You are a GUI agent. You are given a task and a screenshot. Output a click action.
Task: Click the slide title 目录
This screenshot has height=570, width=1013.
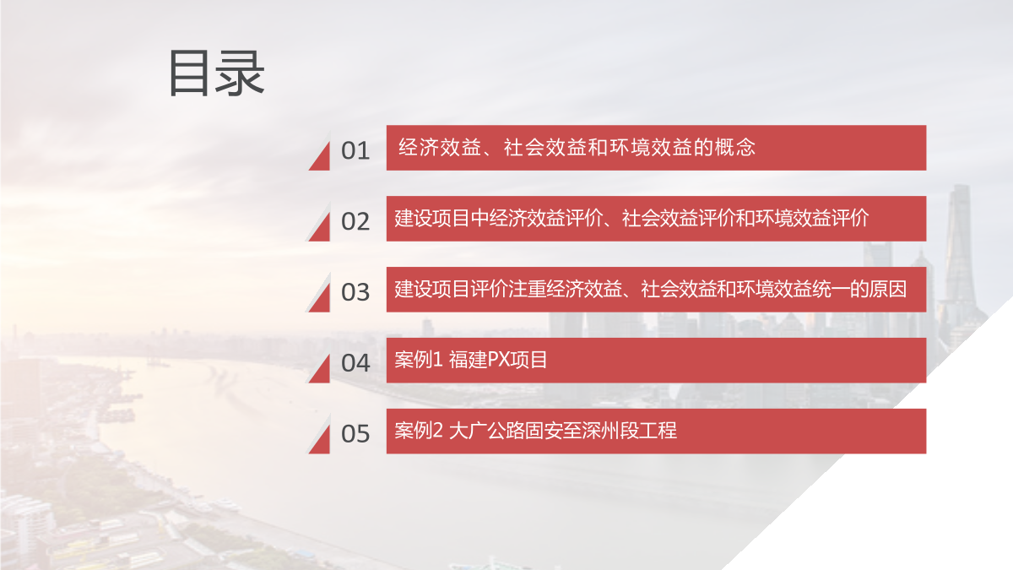pyautogui.click(x=217, y=73)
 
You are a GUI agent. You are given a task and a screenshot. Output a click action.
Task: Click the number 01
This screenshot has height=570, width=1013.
pyautogui.click(x=355, y=150)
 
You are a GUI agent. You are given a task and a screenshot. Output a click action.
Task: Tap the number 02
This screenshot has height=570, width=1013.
pyautogui.click(x=355, y=221)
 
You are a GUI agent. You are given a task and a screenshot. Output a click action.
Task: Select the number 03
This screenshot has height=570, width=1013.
pyautogui.click(x=355, y=292)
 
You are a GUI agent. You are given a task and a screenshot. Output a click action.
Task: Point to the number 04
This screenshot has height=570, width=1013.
pyautogui.click(x=355, y=363)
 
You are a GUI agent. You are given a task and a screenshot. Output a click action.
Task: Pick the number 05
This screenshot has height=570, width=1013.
pyautogui.click(x=355, y=434)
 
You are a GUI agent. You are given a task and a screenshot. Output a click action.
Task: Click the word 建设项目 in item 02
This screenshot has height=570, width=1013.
pyautogui.click(x=432, y=219)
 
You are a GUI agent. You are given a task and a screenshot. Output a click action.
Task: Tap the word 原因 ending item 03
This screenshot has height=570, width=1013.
pyautogui.click(x=887, y=290)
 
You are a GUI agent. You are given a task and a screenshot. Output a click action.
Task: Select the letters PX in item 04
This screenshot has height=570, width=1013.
pyautogui.click(x=499, y=360)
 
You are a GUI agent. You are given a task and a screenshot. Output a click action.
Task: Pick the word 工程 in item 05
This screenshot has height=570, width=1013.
pyautogui.click(x=658, y=431)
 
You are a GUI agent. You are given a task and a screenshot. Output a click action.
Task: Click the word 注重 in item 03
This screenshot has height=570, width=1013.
pyautogui.click(x=528, y=290)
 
